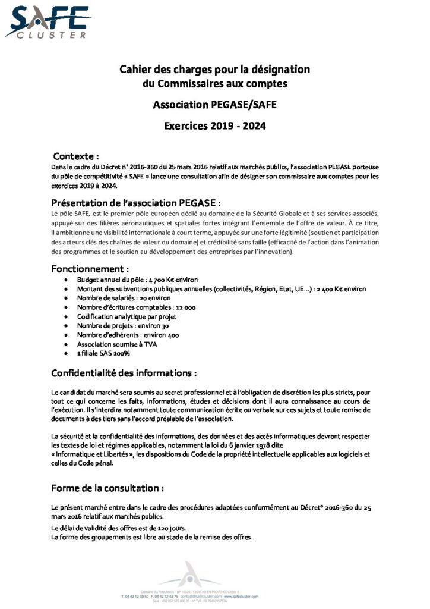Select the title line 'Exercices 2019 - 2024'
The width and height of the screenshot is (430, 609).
tap(214, 125)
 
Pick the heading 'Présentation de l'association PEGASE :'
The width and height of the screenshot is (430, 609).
tap(140, 202)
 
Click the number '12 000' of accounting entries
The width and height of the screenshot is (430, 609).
tap(183, 307)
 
